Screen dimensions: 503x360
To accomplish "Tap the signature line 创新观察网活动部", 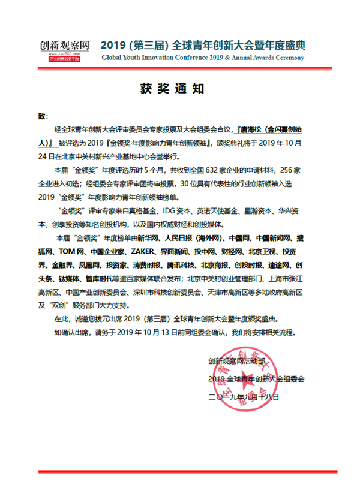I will [x=236, y=362].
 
